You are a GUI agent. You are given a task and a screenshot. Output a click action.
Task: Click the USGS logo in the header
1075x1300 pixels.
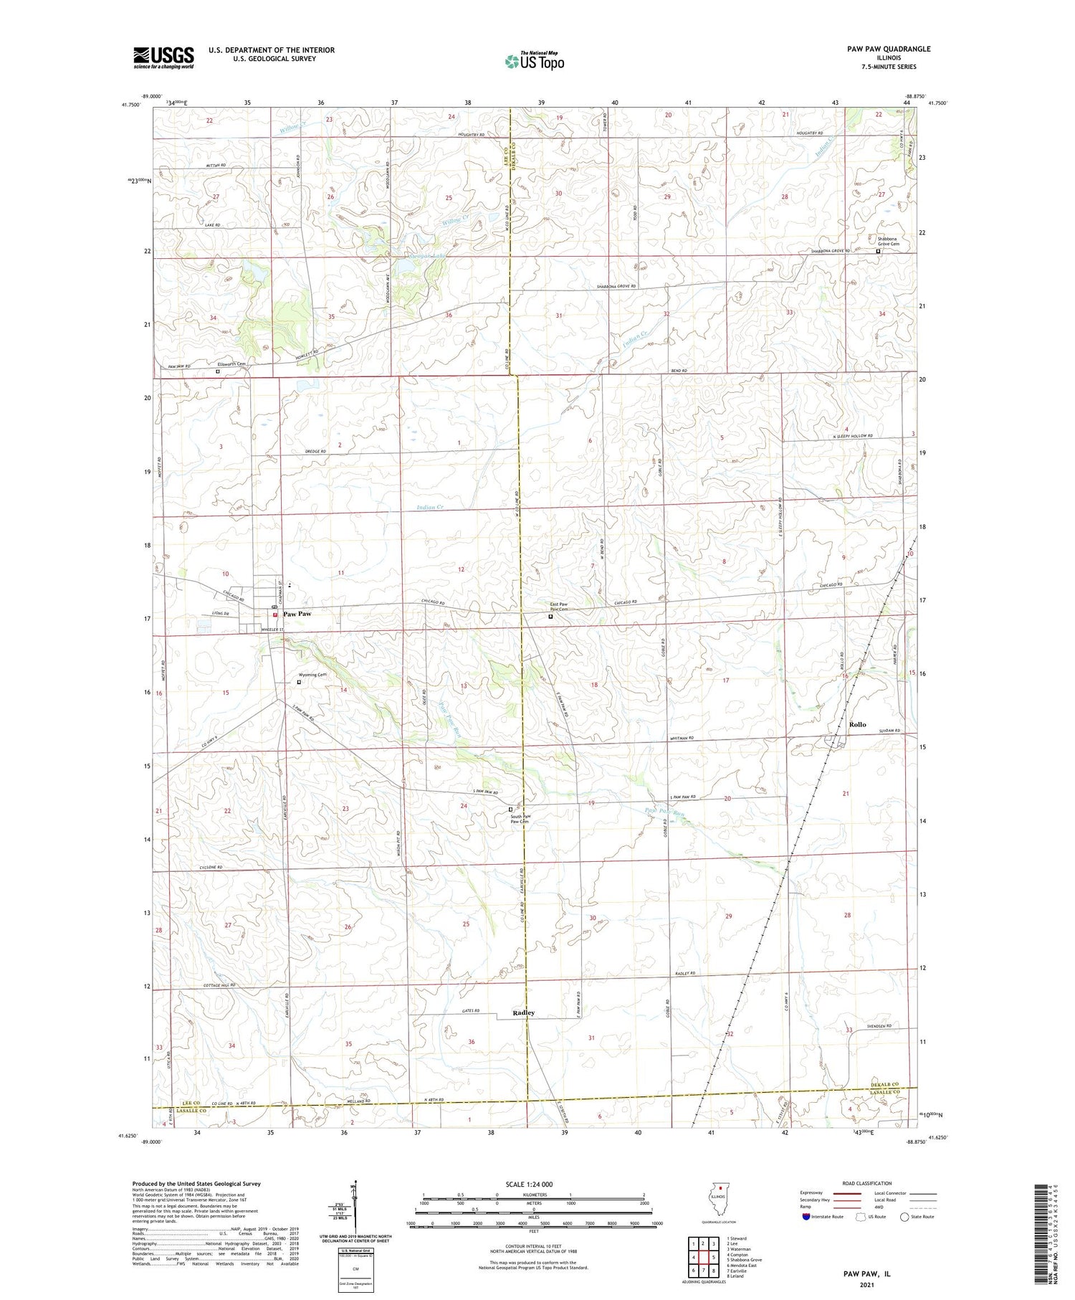tap(163, 57)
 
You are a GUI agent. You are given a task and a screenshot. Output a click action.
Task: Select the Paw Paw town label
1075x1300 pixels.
tap(297, 615)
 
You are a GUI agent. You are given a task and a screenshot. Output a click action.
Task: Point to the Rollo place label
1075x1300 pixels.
tap(857, 724)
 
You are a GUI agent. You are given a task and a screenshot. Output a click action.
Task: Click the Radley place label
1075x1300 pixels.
tap(523, 1012)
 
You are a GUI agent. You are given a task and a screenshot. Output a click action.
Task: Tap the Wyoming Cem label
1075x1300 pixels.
tap(312, 675)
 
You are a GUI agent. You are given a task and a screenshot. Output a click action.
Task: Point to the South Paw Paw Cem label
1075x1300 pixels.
tap(520, 819)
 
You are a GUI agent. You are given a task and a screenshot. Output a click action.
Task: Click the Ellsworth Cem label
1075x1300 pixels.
tap(232, 364)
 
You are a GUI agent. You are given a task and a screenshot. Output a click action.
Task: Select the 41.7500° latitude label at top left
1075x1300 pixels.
tap(130, 105)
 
